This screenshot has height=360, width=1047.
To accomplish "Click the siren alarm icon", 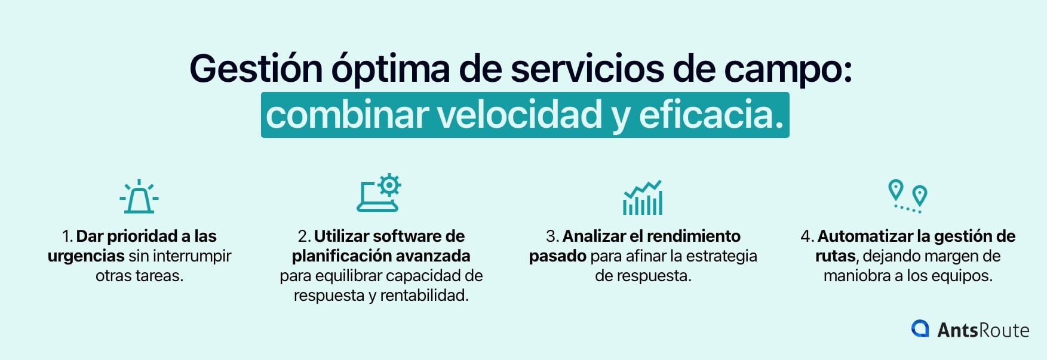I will click(x=139, y=197).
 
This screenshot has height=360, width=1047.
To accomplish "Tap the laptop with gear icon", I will click(x=378, y=194).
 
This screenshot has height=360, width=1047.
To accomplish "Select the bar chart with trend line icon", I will click(x=643, y=198).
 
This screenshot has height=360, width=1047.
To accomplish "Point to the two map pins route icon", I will click(x=907, y=196).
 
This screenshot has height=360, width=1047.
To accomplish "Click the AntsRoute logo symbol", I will click(x=920, y=329).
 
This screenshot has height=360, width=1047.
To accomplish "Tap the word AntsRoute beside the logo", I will click(x=983, y=330).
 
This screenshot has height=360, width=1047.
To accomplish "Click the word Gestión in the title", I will click(x=256, y=69).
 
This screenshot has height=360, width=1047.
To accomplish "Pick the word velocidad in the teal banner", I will click(x=520, y=115).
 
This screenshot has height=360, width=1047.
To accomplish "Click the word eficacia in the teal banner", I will click(x=711, y=115).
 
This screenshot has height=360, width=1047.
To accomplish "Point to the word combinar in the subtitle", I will click(x=346, y=115).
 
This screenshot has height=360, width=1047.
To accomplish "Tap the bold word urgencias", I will click(x=86, y=256).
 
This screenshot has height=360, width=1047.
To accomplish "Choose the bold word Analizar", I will click(x=594, y=236).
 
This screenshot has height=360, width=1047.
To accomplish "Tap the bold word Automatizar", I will click(x=864, y=236).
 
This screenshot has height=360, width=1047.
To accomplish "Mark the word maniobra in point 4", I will click(x=857, y=276).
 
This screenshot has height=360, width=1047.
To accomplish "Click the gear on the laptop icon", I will click(x=389, y=185).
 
